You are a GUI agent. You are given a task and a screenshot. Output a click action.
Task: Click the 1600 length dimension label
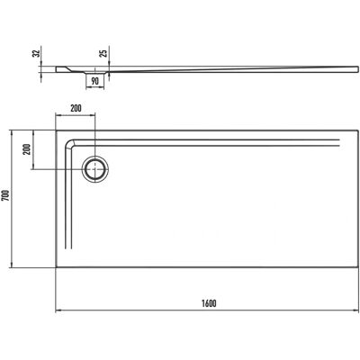209,303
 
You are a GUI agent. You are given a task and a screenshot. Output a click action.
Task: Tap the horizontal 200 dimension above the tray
76,108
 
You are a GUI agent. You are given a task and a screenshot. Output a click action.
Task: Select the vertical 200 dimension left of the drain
27,148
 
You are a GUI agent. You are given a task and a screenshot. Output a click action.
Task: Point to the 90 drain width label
94,81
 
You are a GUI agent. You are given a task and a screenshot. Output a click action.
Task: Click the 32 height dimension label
36,53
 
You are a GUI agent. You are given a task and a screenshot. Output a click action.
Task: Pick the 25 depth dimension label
103,53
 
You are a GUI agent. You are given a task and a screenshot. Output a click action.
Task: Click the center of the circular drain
95,169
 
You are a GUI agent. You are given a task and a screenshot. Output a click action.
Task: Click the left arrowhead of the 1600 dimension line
58,310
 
